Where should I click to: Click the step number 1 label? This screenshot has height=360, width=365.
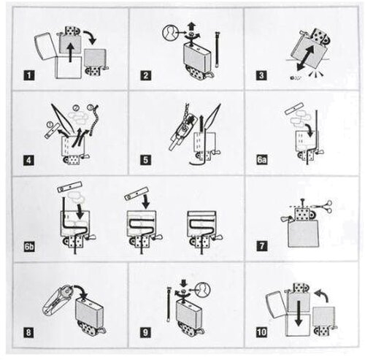[x=29, y=75]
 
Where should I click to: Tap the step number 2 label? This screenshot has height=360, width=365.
[x=145, y=75]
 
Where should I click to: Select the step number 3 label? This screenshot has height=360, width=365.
[x=261, y=75]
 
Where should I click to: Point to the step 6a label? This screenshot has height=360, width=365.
[x=262, y=160]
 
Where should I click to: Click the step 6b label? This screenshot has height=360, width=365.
[x=29, y=247]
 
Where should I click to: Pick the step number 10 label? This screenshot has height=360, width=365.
[x=262, y=332]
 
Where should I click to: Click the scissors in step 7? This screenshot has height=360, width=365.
[x=326, y=207]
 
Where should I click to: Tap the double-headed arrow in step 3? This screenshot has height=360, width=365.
[x=306, y=58]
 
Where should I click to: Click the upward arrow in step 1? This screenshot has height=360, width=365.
[x=70, y=52]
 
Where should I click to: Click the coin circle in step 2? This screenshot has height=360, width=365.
[x=170, y=32]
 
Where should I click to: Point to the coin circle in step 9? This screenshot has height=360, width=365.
[x=204, y=290]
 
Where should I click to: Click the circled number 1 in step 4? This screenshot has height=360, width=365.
[x=50, y=125]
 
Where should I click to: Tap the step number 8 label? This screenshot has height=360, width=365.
[x=29, y=332]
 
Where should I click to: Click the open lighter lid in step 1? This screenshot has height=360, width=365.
[x=45, y=46]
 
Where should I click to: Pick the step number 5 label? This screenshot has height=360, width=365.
[x=145, y=160]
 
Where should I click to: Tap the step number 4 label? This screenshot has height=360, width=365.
[x=29, y=160]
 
